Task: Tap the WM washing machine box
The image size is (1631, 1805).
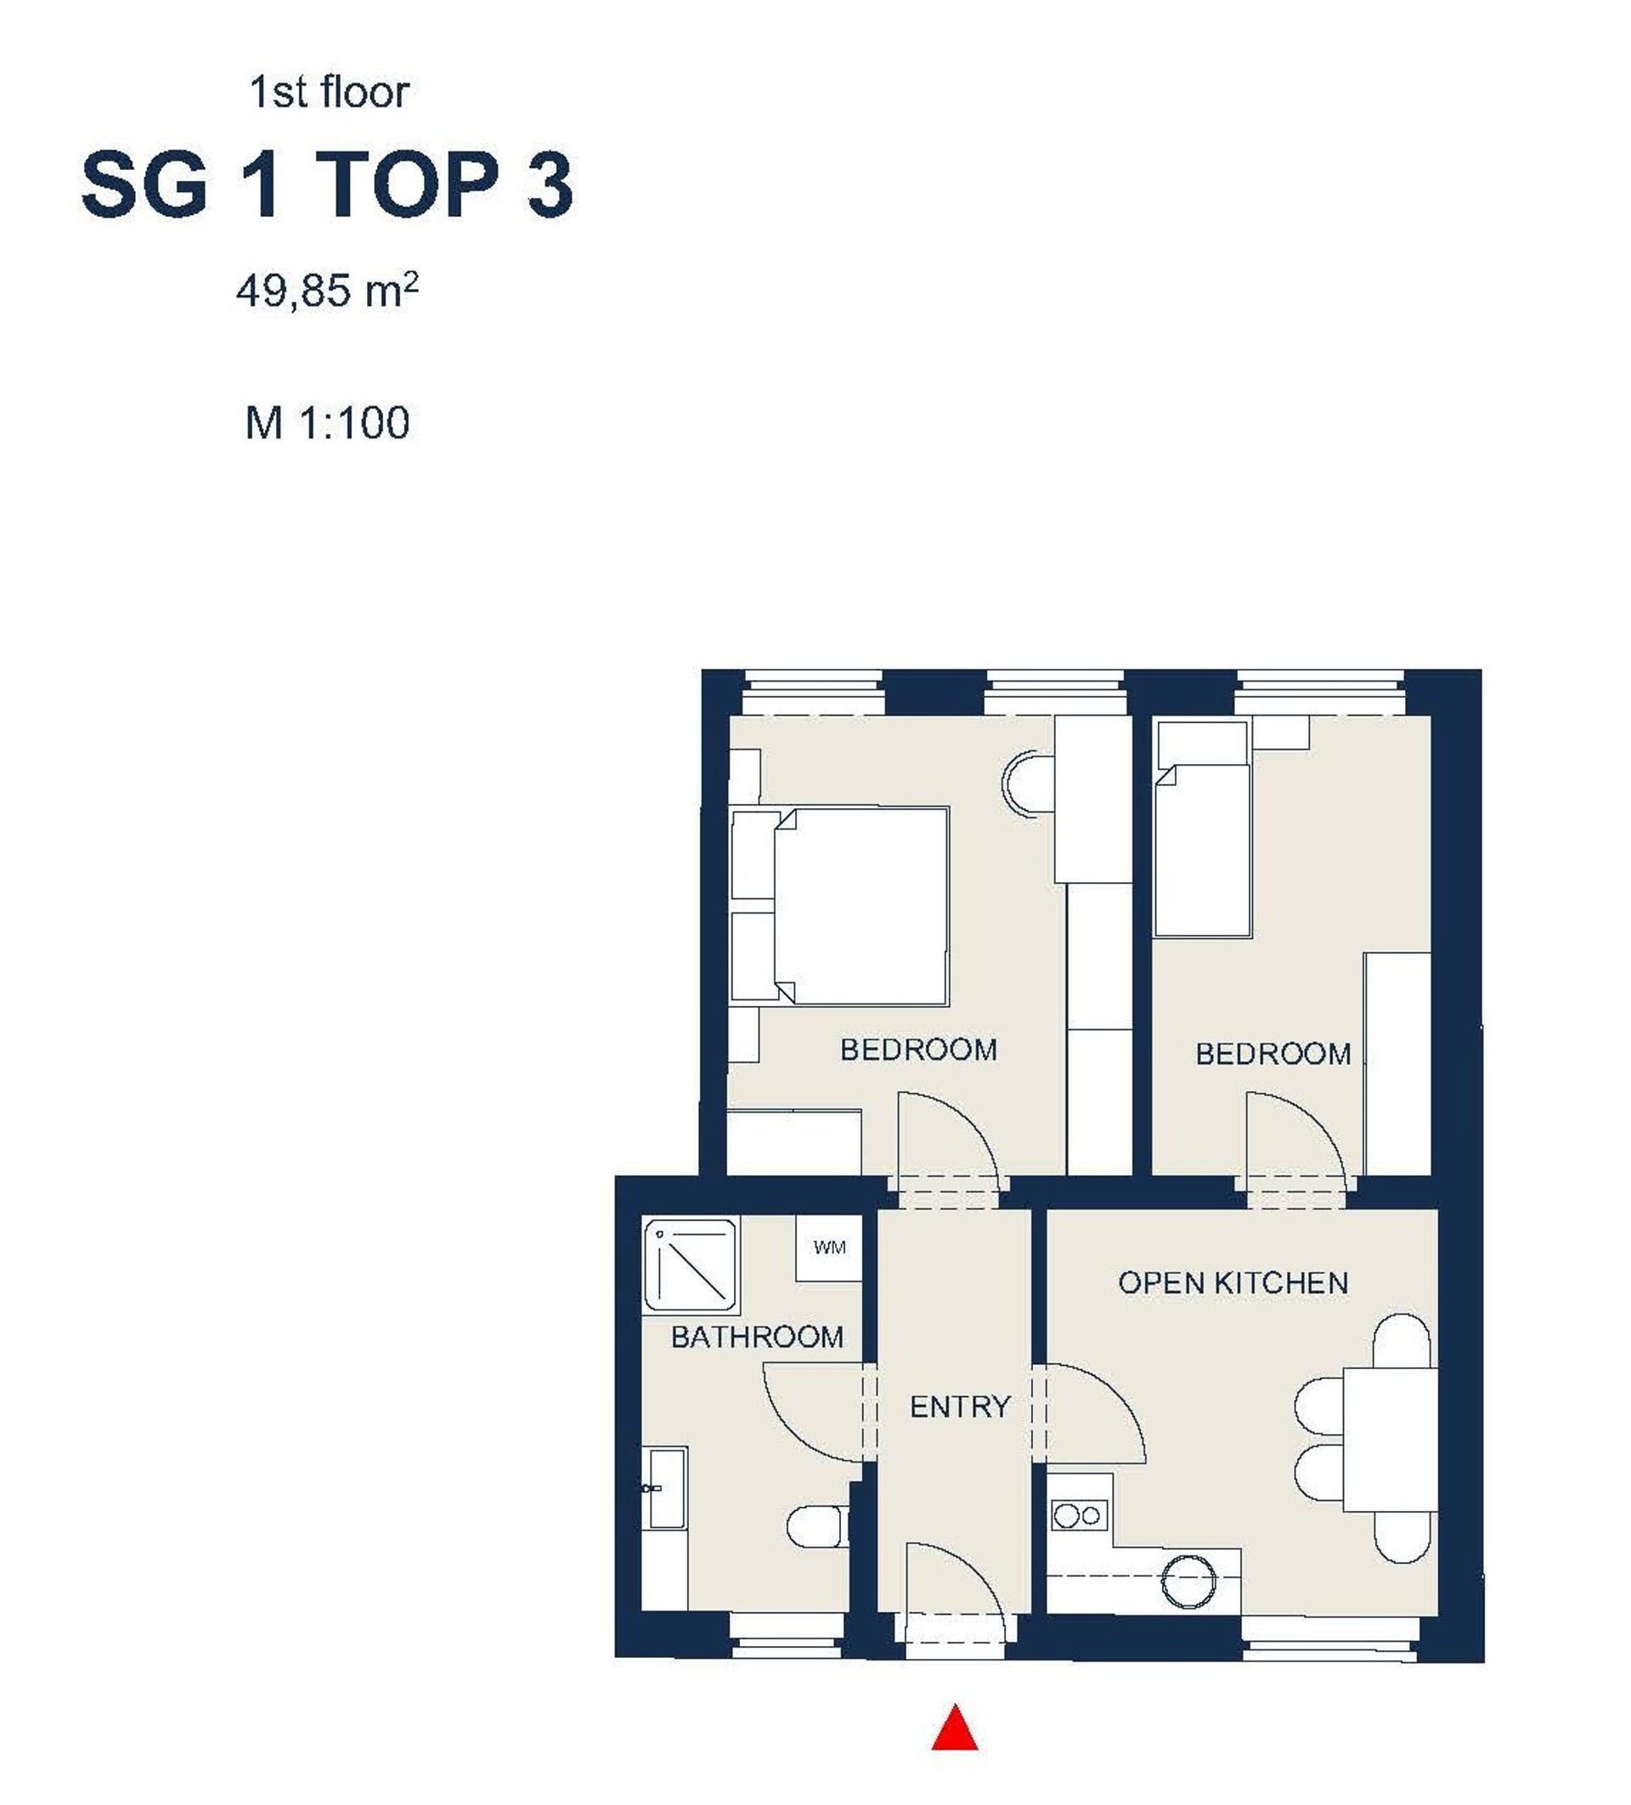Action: coord(829,1248)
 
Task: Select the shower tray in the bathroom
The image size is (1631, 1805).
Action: coord(690,1264)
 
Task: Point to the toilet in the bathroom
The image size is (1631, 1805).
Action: coord(817,1526)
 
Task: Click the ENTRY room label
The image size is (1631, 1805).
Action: coord(960,1407)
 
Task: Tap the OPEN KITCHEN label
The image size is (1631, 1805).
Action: coord(1233,1283)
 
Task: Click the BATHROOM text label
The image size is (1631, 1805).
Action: coord(756,1338)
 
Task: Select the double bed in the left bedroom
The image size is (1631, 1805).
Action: coord(839,906)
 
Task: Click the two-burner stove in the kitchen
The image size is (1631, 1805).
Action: coord(1079,1516)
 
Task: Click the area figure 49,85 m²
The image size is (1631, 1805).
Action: coord(328,291)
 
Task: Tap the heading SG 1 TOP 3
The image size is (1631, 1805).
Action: coord(327,185)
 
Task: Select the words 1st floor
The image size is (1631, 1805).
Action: coord(329,93)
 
